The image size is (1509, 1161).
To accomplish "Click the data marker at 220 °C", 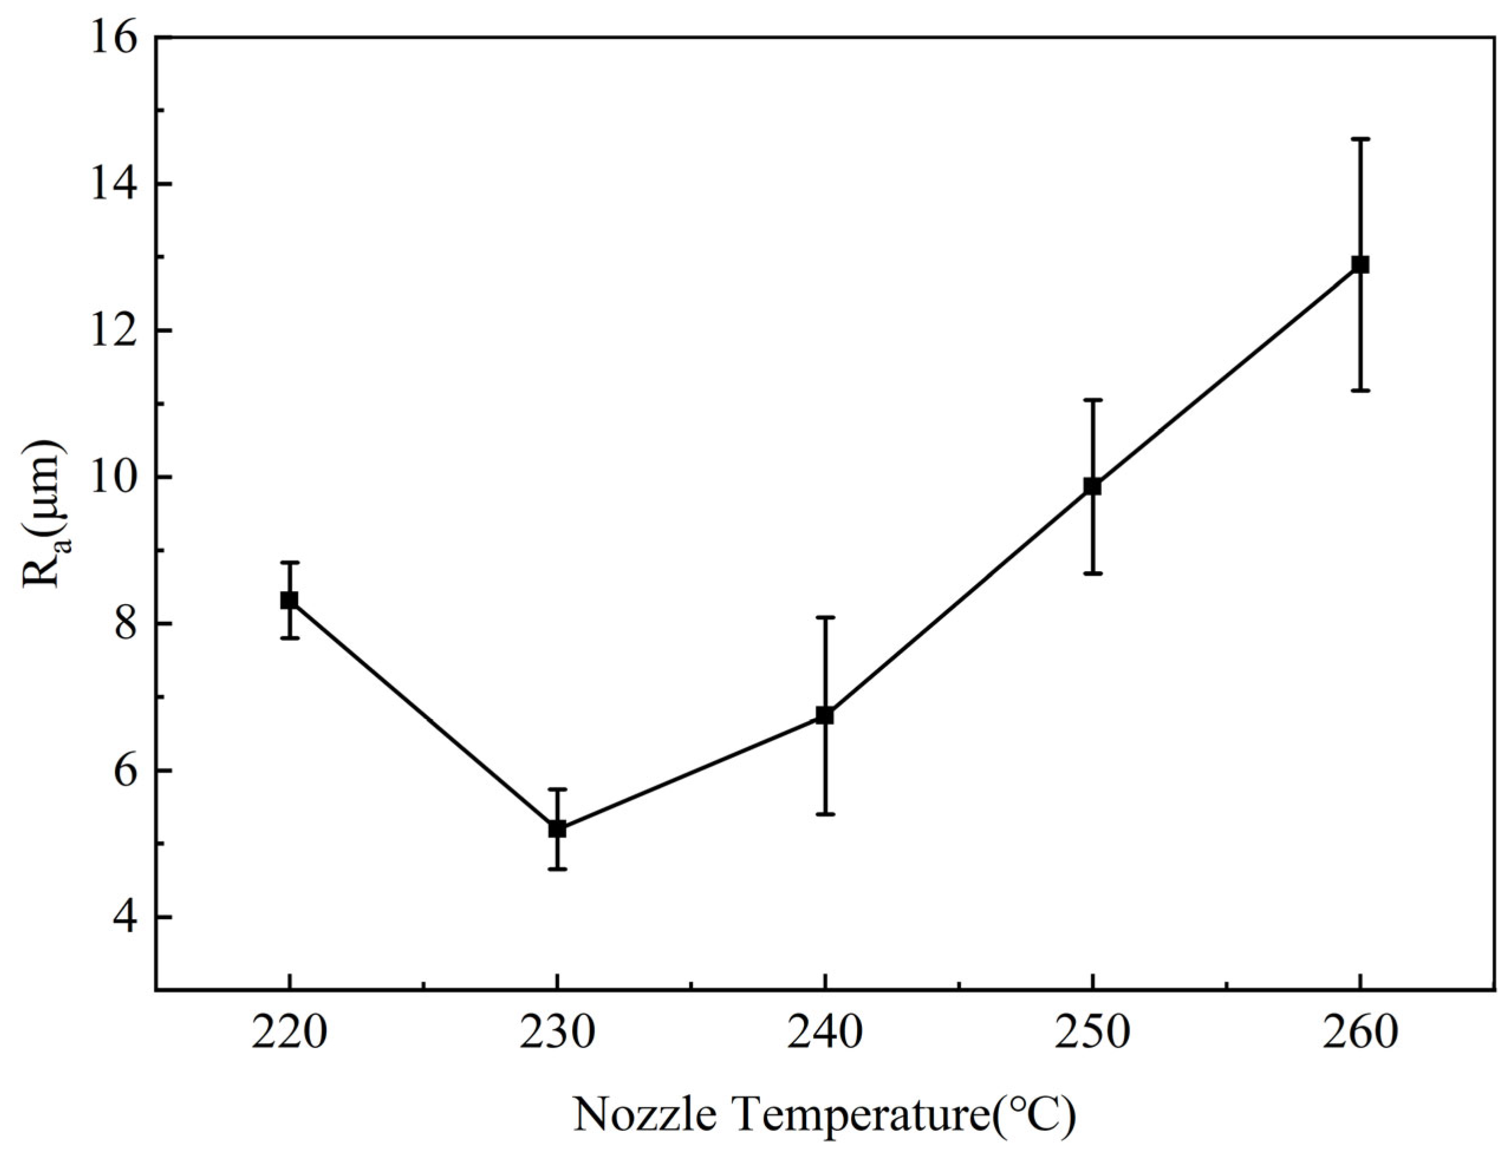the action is (290, 600).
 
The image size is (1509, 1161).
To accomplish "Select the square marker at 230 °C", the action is (557, 829).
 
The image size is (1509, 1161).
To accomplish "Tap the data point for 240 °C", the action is (825, 715).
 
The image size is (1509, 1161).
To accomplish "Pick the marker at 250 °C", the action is (1092, 486).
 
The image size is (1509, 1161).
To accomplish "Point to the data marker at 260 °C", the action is (1360, 265).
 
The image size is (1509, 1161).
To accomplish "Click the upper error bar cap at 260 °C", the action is (1360, 139).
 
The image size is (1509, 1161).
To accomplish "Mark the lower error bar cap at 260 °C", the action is (1360, 391).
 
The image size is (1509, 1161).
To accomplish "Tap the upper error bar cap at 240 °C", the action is (825, 617).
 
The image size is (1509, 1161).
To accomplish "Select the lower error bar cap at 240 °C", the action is (825, 814).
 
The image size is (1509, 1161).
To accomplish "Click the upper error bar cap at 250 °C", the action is (1092, 400).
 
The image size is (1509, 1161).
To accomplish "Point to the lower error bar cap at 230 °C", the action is (557, 868).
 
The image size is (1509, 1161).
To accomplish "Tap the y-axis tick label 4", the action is (123, 917).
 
